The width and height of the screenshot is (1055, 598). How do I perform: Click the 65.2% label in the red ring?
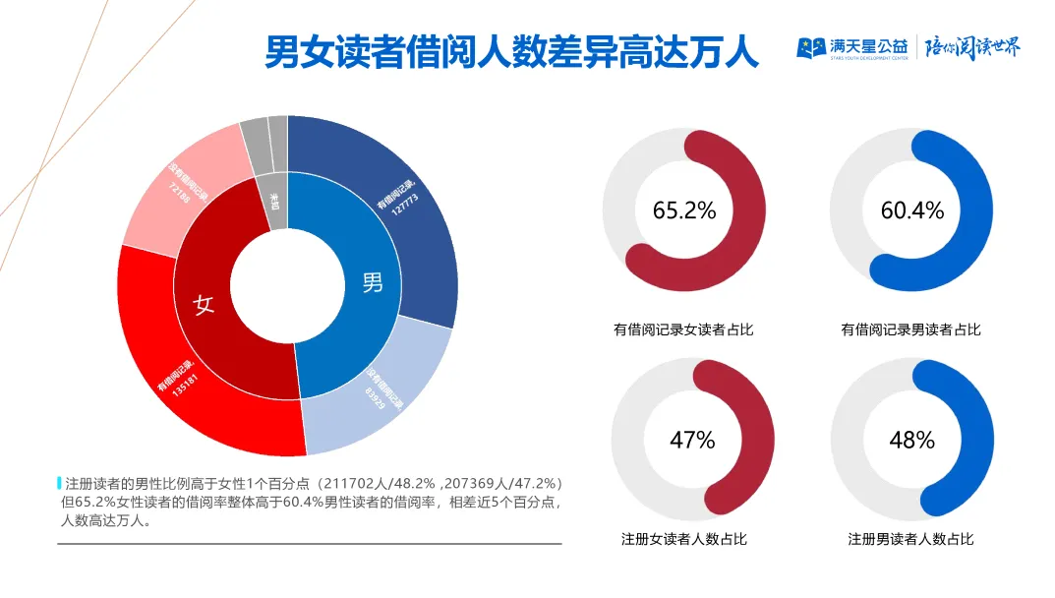tap(684, 210)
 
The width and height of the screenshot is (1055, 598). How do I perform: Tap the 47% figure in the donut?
tap(692, 440)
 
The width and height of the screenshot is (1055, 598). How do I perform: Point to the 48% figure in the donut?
tap(911, 440)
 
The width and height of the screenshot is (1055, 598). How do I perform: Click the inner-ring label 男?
tap(373, 283)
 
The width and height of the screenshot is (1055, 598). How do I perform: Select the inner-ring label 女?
tap(205, 305)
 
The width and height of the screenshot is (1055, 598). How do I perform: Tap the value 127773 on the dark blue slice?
tap(406, 208)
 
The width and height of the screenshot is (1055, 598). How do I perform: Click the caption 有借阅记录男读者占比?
tap(910, 329)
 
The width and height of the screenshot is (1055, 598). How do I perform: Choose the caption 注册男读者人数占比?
tap(910, 539)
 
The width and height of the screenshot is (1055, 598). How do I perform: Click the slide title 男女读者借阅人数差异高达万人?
tap(512, 52)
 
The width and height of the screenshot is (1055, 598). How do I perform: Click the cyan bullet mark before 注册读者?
tap(60, 483)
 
